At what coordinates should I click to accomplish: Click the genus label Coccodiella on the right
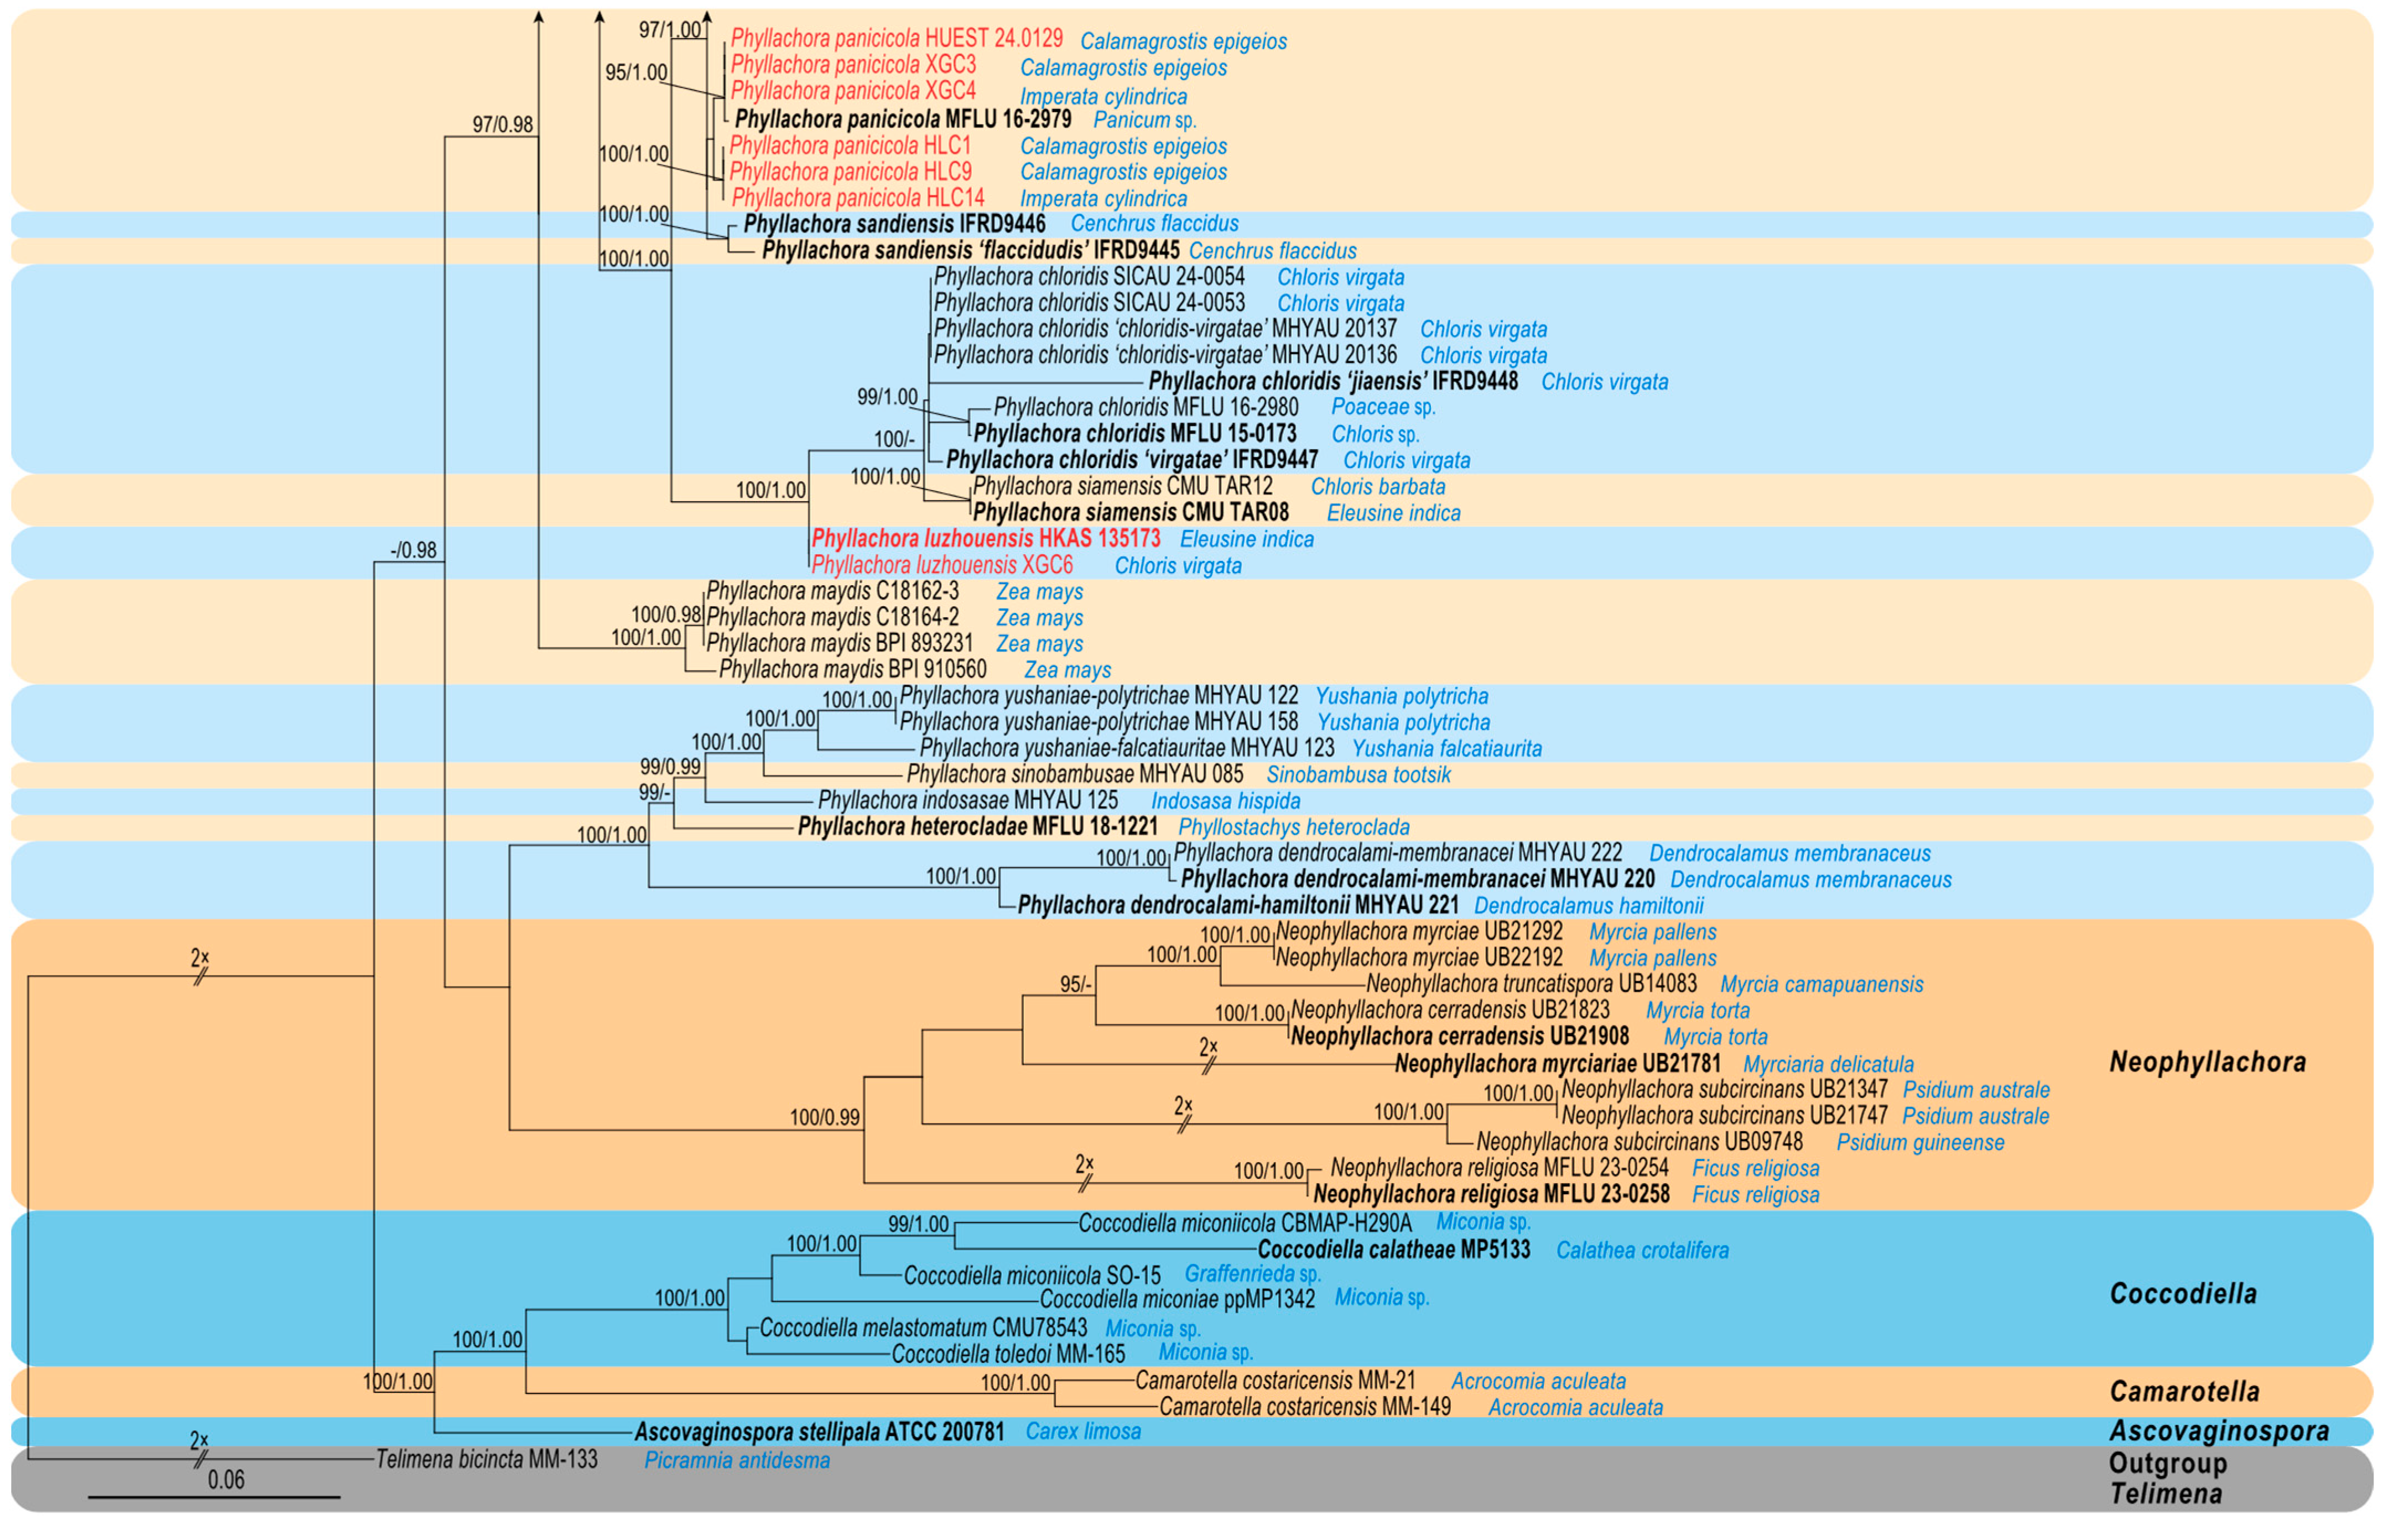pos(2183,1293)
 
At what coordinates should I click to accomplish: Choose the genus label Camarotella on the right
pos(2184,1391)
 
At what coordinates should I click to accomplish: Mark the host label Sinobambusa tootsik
pos(1358,774)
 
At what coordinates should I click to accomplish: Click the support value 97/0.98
pos(502,125)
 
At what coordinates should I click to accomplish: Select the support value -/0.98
pos(414,550)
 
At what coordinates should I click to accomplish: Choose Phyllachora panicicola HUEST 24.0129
pos(896,39)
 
